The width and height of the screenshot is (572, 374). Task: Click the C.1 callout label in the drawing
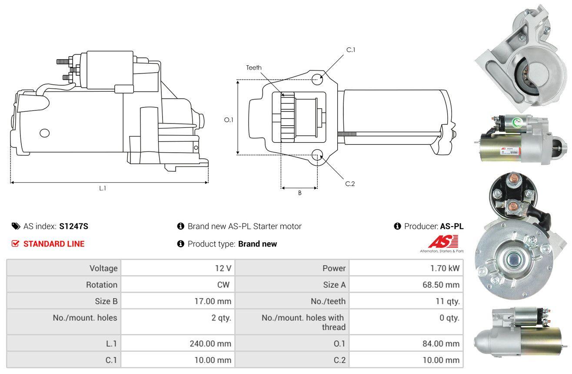pyautogui.click(x=351, y=50)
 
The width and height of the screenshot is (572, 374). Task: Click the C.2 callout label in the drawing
pyautogui.click(x=350, y=184)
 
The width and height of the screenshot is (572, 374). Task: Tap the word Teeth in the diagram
pyautogui.click(x=254, y=68)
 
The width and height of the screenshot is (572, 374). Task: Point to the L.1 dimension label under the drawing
pyautogui.click(x=103, y=188)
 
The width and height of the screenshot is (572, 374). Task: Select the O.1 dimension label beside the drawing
pyautogui.click(x=229, y=120)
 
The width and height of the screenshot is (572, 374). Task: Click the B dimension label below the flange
pyautogui.click(x=300, y=193)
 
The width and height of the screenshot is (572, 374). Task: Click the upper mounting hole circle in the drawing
pyautogui.click(x=317, y=79)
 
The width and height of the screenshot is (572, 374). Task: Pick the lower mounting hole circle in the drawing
pyautogui.click(x=317, y=154)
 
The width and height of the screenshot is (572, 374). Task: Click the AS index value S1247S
pyautogui.click(x=73, y=226)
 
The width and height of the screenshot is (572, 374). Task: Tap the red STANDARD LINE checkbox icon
pyautogui.click(x=15, y=244)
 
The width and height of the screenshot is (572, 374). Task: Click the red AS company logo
pyautogui.click(x=443, y=241)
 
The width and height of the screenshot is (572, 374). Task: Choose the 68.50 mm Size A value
pyautogui.click(x=441, y=284)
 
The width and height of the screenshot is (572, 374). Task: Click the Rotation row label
pyautogui.click(x=102, y=284)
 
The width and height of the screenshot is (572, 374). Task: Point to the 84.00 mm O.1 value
pyautogui.click(x=441, y=344)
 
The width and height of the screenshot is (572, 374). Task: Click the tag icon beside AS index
pyautogui.click(x=16, y=226)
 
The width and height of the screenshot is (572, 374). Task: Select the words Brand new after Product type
pyautogui.click(x=257, y=244)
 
